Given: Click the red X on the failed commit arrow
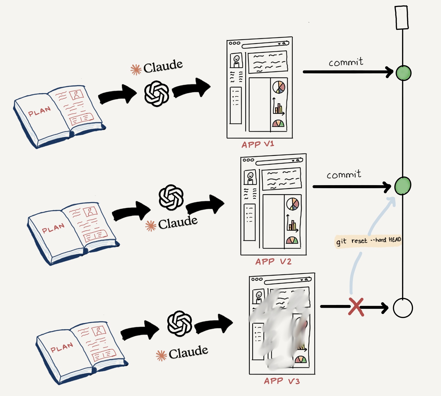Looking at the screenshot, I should pyautogui.click(x=356, y=307).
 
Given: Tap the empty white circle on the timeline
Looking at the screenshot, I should pyautogui.click(x=403, y=308).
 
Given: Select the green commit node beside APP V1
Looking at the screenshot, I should pyautogui.click(x=404, y=73).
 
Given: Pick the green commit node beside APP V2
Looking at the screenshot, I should pyautogui.click(x=402, y=186).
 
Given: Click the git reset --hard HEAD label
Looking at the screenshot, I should pyautogui.click(x=368, y=241).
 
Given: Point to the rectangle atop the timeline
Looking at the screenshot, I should pyautogui.click(x=402, y=18).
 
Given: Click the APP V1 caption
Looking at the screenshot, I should pyautogui.click(x=258, y=144).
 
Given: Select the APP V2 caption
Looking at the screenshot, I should pyautogui.click(x=273, y=262).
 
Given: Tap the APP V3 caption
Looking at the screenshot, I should pyautogui.click(x=282, y=381).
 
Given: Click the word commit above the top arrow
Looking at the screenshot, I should pyautogui.click(x=346, y=62).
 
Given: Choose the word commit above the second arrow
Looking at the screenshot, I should pyautogui.click(x=344, y=175).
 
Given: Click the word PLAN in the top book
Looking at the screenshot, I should pyautogui.click(x=39, y=112).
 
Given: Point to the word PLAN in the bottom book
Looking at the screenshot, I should pyautogui.click(x=62, y=347).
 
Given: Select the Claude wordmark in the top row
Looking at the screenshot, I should pyautogui.click(x=163, y=66).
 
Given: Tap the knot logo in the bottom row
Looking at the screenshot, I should pyautogui.click(x=180, y=323).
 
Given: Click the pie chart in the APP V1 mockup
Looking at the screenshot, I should pyautogui.click(x=279, y=87).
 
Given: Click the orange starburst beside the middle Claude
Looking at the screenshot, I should pyautogui.click(x=151, y=226).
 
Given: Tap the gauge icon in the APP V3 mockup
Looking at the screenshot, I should pyautogui.click(x=301, y=359).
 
